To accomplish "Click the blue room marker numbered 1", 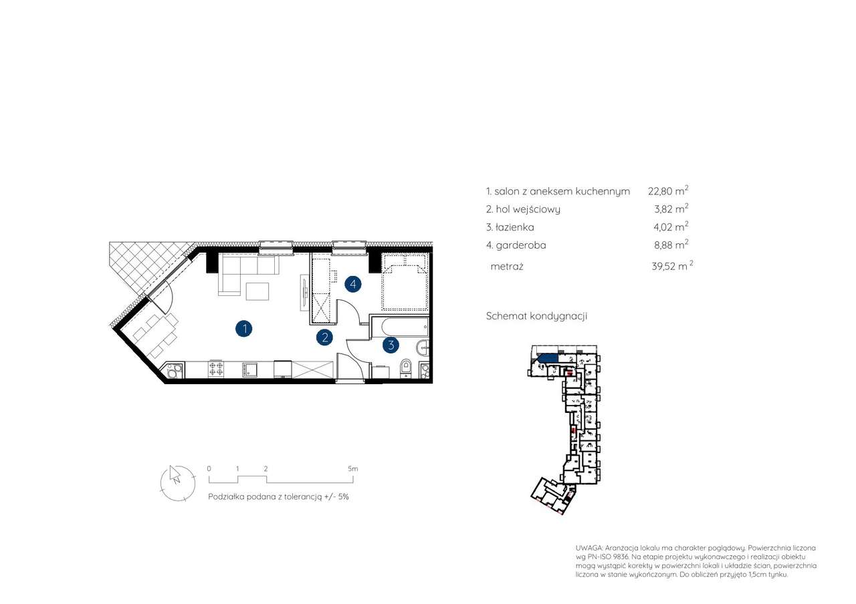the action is coord(244,329).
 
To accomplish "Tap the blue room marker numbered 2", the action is coord(325,337).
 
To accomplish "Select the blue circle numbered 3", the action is coord(391,345).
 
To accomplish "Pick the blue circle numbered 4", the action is coord(353,284).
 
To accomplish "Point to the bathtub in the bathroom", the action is coord(400,327).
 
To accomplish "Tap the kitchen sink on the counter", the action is coord(250,369).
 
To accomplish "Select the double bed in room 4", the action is coord(405,282).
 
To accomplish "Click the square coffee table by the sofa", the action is coord(257,291).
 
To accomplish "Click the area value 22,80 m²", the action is coord(668,190).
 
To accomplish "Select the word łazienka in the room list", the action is coord(515,227).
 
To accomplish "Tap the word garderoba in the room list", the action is coord(521,245).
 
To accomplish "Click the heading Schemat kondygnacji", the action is coord(536,316).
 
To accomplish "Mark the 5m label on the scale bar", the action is coord(352,468).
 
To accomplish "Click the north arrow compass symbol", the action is coord(177,483).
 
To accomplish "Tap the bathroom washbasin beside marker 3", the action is coord(423,347).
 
